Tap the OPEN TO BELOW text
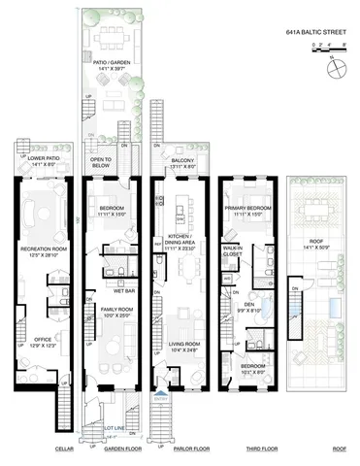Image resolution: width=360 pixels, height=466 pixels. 103,162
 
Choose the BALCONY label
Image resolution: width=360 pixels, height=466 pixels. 176,162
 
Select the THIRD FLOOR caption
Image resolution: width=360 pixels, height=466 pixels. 250,449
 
